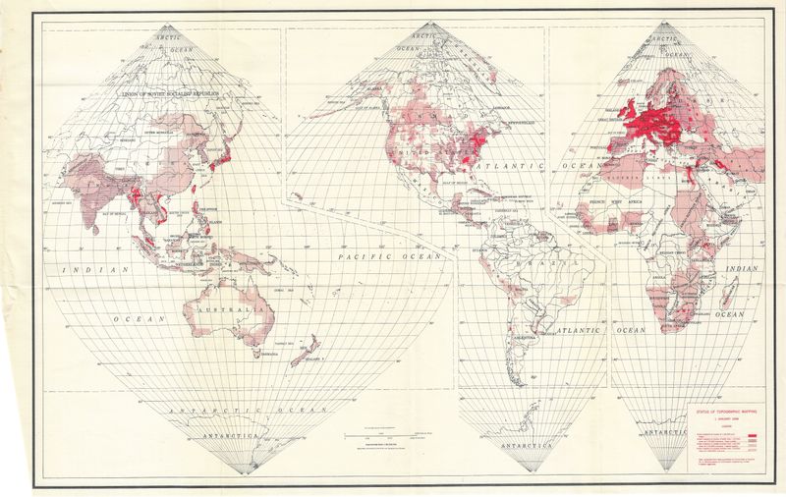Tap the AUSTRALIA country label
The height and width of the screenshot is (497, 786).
(235, 308)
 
